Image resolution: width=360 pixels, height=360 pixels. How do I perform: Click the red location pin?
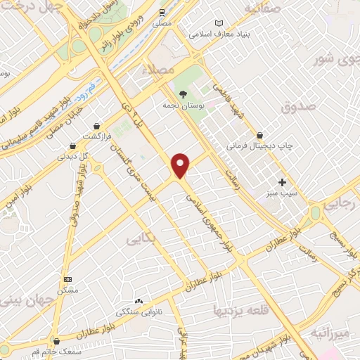(x=181, y=165)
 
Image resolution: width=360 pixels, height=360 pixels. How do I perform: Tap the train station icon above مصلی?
(x=162, y=12)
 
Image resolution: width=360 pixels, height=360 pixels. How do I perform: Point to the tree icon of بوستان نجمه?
(x=183, y=94)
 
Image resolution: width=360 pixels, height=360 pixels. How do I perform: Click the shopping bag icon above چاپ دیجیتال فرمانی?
(x=260, y=135)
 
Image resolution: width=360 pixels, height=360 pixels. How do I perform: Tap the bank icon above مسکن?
(x=67, y=279)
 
